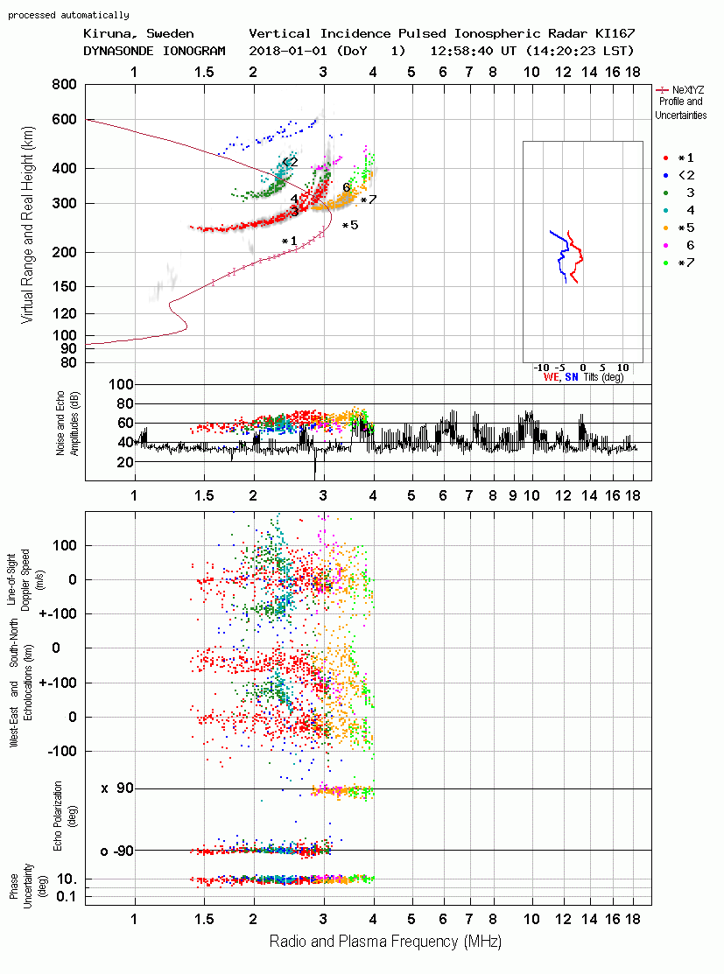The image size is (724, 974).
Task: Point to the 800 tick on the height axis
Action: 65,85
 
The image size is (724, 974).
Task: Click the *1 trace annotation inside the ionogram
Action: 290,241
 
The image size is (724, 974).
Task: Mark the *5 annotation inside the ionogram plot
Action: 350,225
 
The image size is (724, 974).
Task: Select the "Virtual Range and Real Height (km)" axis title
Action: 27,225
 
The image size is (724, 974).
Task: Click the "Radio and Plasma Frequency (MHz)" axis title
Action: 385,942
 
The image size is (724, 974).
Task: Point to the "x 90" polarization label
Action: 117,788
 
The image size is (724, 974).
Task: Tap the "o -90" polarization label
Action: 116,851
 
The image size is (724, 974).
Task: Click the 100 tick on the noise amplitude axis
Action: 121,384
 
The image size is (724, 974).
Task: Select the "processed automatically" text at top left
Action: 68,15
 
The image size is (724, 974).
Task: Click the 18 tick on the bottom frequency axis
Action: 633,919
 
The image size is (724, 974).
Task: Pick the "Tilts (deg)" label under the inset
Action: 603,377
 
